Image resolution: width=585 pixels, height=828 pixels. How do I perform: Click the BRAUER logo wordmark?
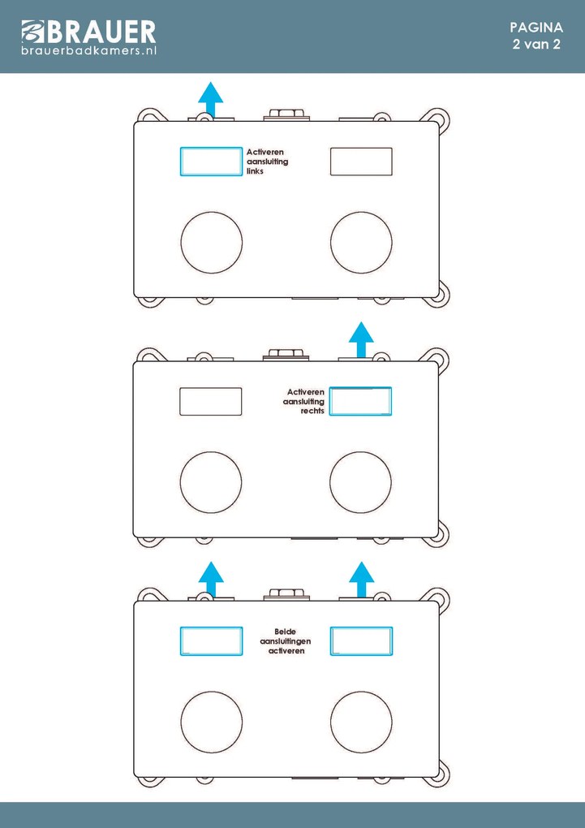(88, 32)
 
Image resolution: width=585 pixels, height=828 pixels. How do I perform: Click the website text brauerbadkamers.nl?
(88, 50)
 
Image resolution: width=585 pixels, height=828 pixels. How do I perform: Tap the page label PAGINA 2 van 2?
(536, 36)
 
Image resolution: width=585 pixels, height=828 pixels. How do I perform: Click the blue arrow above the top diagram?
(211, 99)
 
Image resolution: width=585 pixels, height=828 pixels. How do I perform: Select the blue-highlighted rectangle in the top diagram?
(211, 161)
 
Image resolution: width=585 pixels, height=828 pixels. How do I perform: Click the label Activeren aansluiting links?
(267, 162)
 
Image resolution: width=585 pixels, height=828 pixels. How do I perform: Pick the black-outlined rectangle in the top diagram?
(361, 161)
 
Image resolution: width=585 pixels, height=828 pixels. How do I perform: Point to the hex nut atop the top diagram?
(286, 114)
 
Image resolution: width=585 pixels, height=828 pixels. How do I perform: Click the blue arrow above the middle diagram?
(361, 339)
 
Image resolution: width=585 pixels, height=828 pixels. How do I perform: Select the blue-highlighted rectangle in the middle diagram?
(360, 401)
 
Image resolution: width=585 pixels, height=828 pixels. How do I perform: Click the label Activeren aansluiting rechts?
(303, 401)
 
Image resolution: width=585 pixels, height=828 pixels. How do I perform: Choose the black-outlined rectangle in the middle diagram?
(211, 401)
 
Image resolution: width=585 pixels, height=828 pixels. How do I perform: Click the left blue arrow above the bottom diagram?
(211, 580)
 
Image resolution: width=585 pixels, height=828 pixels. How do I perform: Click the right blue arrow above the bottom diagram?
(362, 580)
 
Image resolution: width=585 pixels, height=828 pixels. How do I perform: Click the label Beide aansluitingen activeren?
(286, 641)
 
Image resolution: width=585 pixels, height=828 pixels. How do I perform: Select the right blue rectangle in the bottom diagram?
(361, 641)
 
